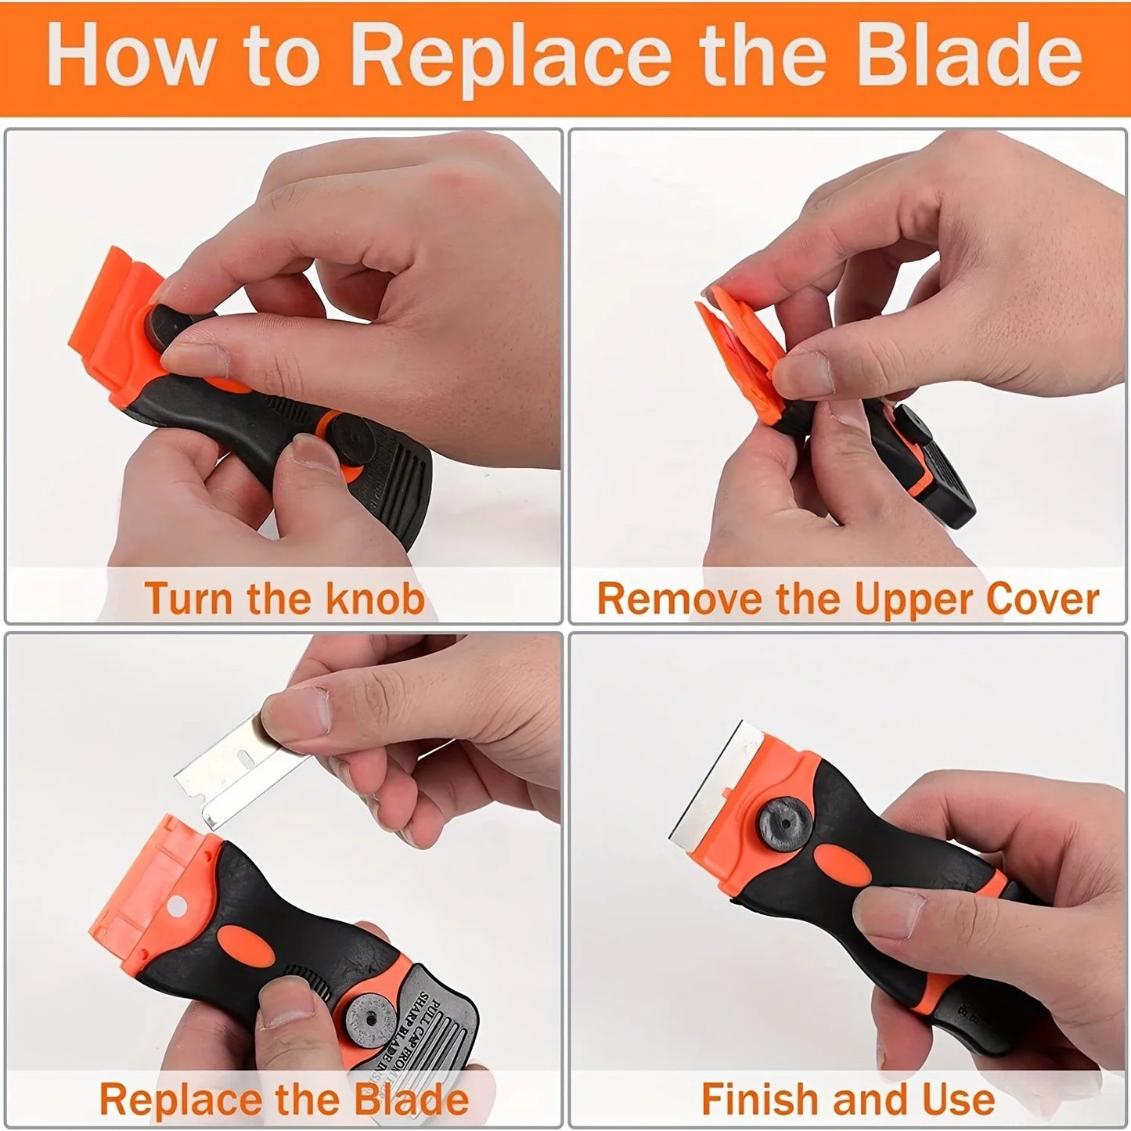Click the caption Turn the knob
(x=284, y=598)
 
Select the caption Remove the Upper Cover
(x=848, y=599)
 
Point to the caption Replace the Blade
(x=283, y=1098)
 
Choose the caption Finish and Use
(x=848, y=1098)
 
